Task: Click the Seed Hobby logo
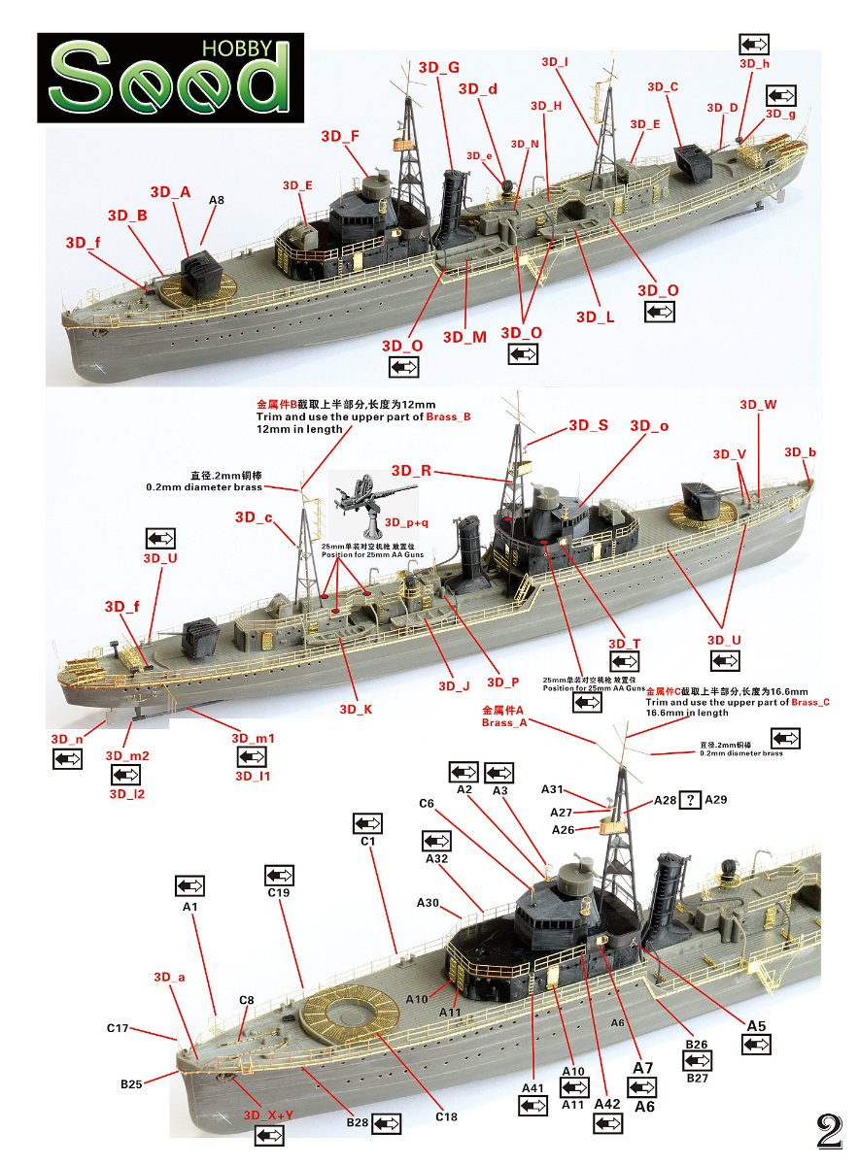coord(170,78)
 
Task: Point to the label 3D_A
coord(170,192)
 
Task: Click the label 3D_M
coord(464,337)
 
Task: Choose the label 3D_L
coord(595,317)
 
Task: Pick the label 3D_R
coord(412,471)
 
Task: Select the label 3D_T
coord(624,644)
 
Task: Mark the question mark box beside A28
coord(690,800)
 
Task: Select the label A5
coord(756,1026)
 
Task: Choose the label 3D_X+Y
coord(267,1115)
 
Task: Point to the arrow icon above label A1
coord(189,885)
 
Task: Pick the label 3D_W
coord(758,405)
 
